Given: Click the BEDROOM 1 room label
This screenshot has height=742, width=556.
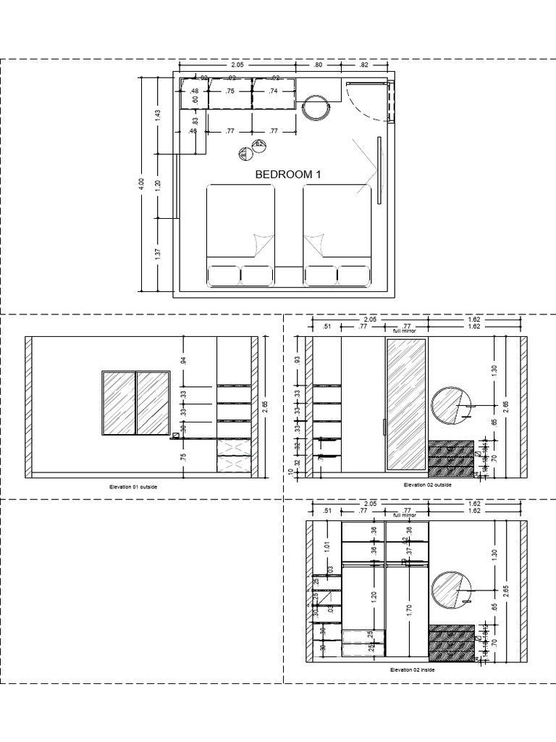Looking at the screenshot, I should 287,175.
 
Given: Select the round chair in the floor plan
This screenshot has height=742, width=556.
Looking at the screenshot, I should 316,107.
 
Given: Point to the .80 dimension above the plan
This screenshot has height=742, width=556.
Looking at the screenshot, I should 319,65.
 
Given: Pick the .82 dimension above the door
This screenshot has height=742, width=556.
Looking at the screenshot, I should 363,65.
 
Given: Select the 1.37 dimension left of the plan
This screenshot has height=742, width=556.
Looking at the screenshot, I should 158,255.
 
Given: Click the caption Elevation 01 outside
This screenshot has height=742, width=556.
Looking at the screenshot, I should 132,487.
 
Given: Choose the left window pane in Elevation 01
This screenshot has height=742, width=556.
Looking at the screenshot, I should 119,404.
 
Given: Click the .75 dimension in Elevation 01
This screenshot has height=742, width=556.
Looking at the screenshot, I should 184,457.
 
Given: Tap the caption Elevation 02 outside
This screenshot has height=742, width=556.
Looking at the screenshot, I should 429,484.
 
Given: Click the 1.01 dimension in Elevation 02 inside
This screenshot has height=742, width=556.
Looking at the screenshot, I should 327,546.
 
